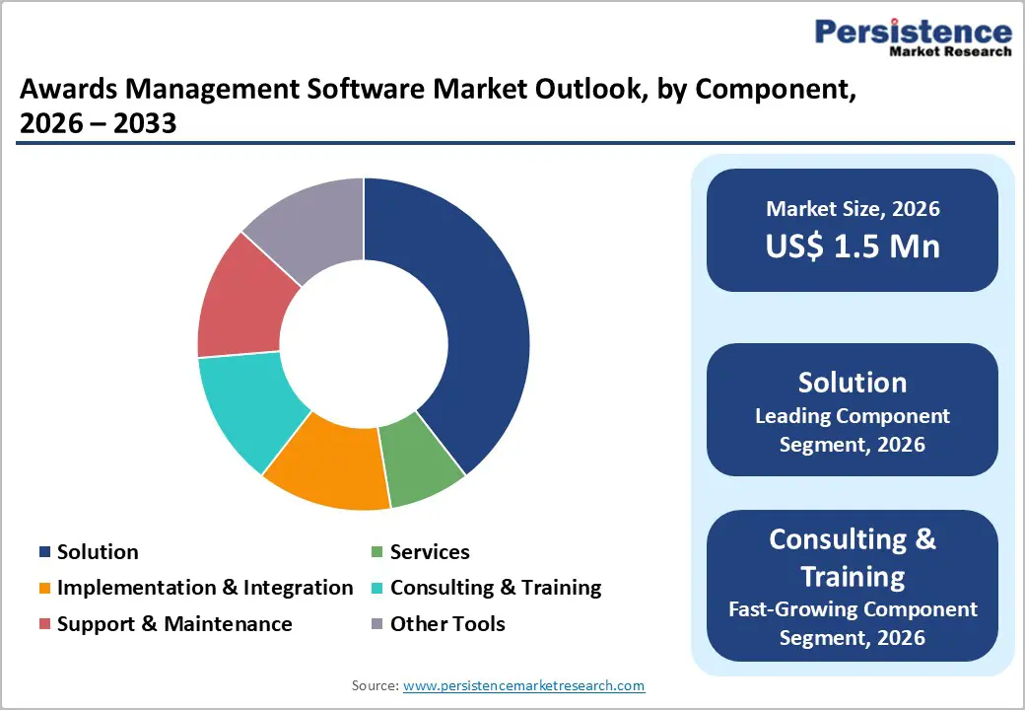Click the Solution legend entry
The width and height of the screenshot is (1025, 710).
click(x=97, y=552)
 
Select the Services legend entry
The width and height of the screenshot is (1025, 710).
click(x=429, y=552)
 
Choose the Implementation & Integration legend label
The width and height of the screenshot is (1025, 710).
click(x=204, y=588)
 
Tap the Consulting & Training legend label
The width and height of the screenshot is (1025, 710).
click(x=495, y=588)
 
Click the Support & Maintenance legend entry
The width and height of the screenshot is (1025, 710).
click(x=173, y=624)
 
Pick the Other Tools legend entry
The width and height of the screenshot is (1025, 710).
click(x=446, y=624)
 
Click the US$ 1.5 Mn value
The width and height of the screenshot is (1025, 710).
click(x=853, y=247)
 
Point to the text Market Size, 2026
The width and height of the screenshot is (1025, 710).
click(x=853, y=209)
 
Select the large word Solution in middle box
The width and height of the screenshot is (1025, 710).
click(x=853, y=383)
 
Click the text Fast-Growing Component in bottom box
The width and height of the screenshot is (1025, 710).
click(x=853, y=609)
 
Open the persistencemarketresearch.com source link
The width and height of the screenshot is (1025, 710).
click(x=524, y=685)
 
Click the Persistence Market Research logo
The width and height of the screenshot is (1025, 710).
click(x=913, y=37)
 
